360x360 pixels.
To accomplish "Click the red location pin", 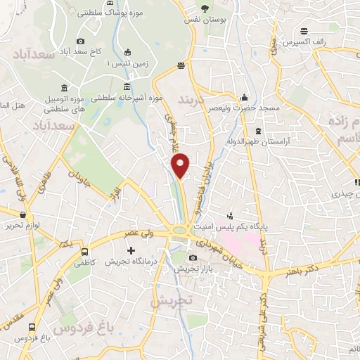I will [x=181, y=165].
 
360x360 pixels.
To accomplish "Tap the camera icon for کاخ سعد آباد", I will [x=81, y=41].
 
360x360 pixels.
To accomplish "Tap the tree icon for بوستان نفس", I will [x=205, y=9].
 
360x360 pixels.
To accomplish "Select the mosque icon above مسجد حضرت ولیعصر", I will [x=244, y=97].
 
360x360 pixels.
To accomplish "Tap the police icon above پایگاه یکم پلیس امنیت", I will [x=229, y=216].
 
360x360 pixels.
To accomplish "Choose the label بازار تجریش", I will [x=193, y=269].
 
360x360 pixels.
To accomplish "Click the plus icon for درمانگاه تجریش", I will [x=131, y=250].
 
